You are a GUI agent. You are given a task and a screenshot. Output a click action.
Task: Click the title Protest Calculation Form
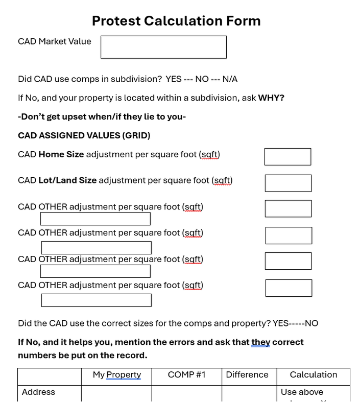pos(176,21)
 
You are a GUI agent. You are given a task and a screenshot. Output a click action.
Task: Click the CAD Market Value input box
pos(163,47)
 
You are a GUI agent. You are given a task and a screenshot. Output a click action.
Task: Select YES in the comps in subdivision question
pos(174,79)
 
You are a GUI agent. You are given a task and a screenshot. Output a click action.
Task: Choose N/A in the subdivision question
pos(230,79)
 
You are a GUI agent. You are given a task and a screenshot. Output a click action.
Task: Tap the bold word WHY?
pos(271,98)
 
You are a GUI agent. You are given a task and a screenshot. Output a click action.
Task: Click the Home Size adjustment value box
pos(287,157)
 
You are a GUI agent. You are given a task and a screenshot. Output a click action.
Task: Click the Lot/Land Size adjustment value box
pos(288,183)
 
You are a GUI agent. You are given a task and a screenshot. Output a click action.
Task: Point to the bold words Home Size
pos(61,154)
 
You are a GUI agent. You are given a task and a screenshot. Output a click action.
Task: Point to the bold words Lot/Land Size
pos(67,180)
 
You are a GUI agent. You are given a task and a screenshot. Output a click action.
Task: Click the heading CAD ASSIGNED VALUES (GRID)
pos(84,135)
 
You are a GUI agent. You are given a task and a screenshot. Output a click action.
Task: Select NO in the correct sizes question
pos(311,323)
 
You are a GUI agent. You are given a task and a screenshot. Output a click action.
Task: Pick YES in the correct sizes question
pos(281,323)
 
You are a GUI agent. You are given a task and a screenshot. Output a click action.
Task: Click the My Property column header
pos(117,375)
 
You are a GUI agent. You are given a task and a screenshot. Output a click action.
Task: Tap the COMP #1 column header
pos(187,375)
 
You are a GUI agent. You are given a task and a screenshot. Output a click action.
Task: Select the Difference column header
pos(247,375)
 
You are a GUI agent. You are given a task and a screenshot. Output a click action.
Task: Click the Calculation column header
pos(314,375)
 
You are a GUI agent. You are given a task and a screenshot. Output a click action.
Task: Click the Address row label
pos(38,392)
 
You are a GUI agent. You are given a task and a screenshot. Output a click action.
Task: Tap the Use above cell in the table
pos(302,392)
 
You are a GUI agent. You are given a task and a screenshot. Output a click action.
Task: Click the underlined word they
pos(260,342)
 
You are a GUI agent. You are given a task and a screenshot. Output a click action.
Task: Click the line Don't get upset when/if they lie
pos(102,117)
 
